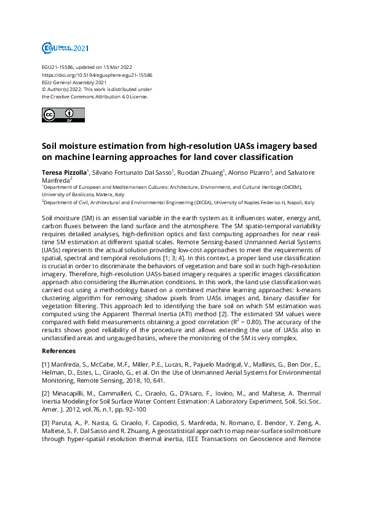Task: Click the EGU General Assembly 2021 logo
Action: (65, 47)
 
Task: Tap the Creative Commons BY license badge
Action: (63, 114)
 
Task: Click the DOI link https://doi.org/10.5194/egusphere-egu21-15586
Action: (97, 74)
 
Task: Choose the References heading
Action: (58, 351)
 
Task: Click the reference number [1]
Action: (46, 365)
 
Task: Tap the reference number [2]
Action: (46, 392)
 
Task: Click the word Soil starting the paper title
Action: (52, 146)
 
